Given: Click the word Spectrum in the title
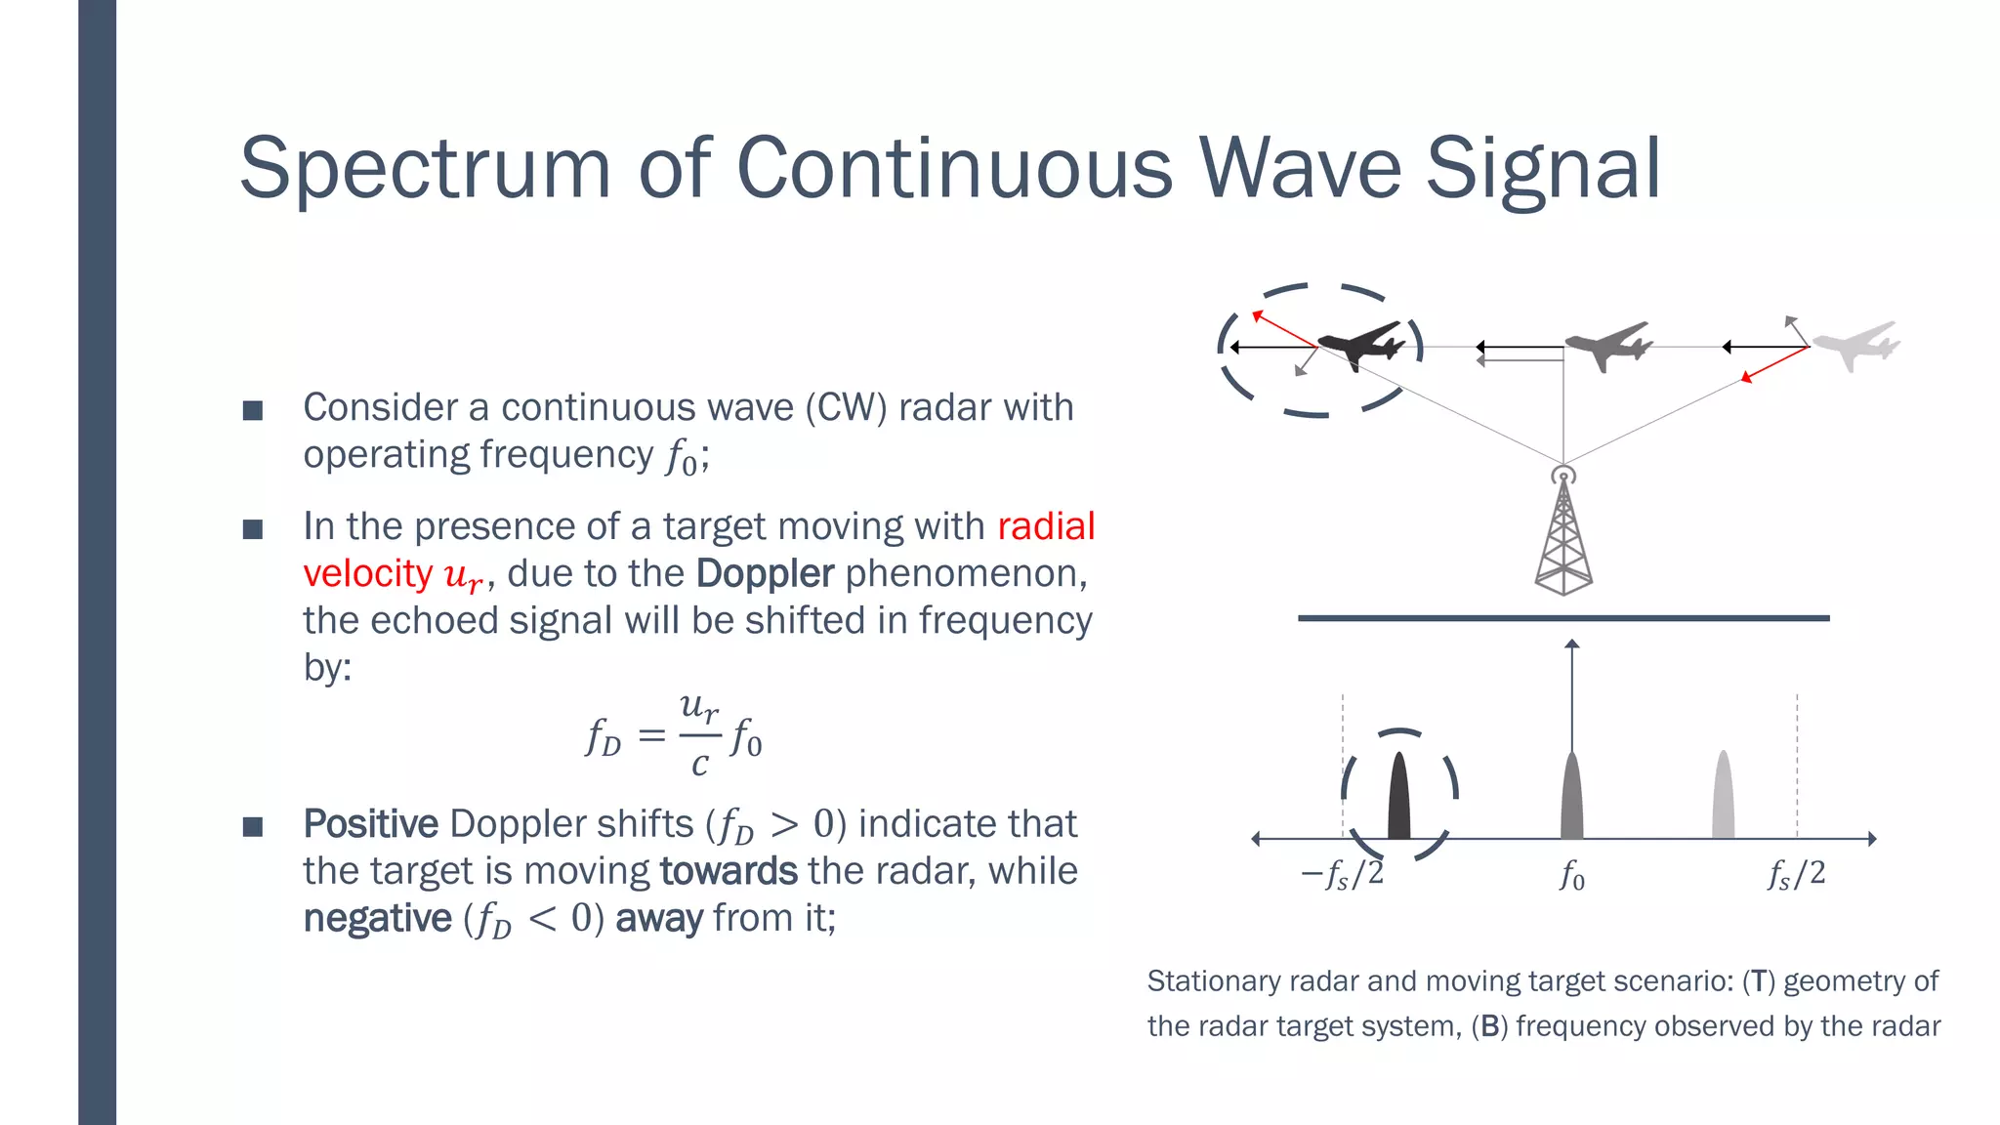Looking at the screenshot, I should [x=425, y=168].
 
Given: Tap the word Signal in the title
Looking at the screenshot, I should [x=1543, y=168].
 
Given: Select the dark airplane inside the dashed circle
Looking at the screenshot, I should [x=1359, y=345].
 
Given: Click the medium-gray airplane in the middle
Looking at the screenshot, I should [x=1606, y=345].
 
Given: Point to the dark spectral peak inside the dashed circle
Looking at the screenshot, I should [x=1399, y=797].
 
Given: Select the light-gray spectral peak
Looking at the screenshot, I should [x=1724, y=797].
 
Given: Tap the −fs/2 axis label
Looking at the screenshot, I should [x=1342, y=874].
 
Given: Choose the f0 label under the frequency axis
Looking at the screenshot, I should [x=1571, y=875].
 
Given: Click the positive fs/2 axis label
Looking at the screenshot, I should [x=1796, y=874].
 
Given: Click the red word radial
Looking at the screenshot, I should [x=1046, y=526].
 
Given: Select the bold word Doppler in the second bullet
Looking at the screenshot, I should [x=765, y=573].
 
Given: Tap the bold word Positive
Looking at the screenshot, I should [x=370, y=824].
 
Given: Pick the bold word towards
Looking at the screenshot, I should [x=729, y=871].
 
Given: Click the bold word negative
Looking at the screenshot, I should [x=377, y=919].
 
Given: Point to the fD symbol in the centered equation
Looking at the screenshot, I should [x=603, y=736].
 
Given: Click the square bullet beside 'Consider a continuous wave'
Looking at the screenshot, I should [x=253, y=410].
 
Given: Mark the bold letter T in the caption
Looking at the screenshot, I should [x=1759, y=981].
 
